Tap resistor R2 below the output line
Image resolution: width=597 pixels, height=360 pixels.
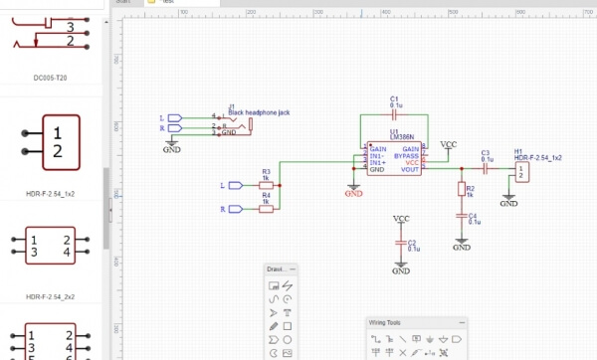pos(461,189)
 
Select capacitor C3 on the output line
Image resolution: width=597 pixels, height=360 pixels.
pos(486,168)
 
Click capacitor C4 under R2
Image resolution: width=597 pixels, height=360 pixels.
pos(461,215)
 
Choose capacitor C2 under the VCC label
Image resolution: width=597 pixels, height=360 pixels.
pos(401,243)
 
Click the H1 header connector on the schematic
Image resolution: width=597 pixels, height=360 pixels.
pos(522,172)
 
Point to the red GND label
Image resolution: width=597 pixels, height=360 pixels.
pos(353,194)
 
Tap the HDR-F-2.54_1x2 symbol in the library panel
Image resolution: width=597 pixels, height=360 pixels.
pos(58,141)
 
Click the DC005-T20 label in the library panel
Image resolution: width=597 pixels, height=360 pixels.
pos(58,76)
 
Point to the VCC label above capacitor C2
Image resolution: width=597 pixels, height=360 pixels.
pos(401,218)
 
